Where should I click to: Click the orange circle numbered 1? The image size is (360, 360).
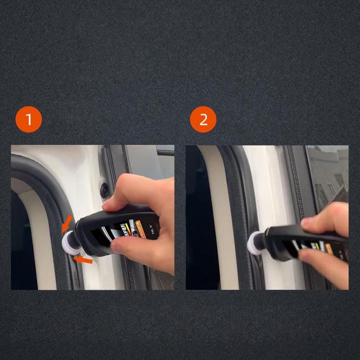(28, 120)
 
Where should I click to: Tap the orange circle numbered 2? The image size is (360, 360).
(203, 120)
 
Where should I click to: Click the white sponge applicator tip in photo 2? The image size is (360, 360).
(254, 244)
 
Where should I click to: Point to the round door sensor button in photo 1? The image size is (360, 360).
(104, 190)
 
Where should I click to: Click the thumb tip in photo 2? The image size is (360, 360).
(304, 255)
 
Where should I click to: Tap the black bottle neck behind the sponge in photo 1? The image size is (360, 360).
(75, 239)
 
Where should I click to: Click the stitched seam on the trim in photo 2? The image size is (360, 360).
(295, 183)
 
